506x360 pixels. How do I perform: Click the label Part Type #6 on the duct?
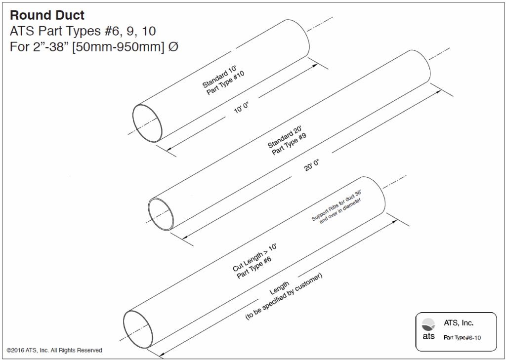[x=254, y=267]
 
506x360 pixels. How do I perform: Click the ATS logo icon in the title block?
[x=428, y=324]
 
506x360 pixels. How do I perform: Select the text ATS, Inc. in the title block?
[x=458, y=323]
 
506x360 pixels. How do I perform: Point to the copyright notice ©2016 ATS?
[x=54, y=350]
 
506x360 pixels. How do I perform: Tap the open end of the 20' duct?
[x=163, y=213]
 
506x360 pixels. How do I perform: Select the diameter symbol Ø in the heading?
[x=173, y=48]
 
